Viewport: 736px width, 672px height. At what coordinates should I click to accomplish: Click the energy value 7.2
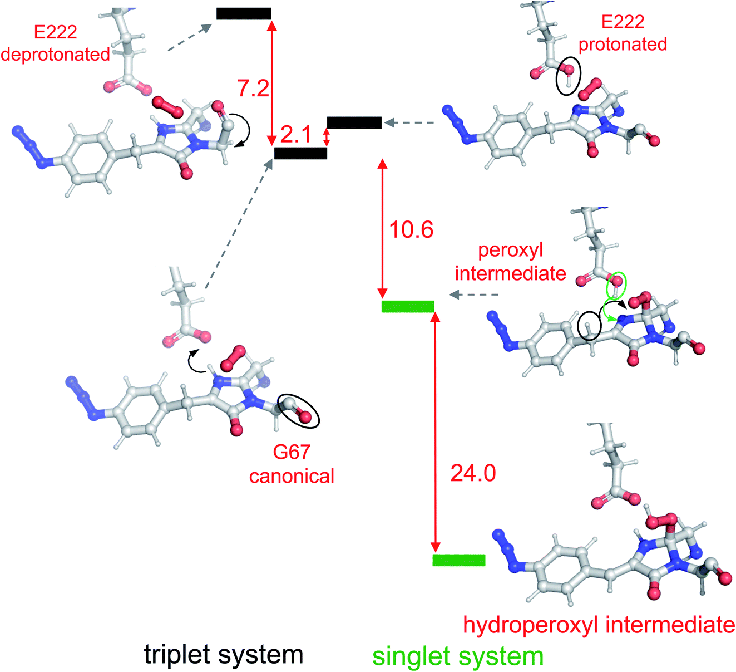click(x=254, y=88)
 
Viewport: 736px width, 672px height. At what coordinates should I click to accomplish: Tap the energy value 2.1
click(x=296, y=134)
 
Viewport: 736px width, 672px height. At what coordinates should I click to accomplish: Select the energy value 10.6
click(x=411, y=229)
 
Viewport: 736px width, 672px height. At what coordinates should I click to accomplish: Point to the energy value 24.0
click(x=473, y=473)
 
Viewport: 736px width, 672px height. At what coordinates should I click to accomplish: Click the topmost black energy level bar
click(x=244, y=14)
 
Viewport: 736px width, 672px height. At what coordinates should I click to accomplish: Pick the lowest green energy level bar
click(x=459, y=560)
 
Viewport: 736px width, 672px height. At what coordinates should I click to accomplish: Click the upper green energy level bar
click(x=408, y=306)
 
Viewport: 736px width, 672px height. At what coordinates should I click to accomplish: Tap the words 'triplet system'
click(x=224, y=654)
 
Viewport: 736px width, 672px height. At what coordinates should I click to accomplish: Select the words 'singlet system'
click(x=458, y=656)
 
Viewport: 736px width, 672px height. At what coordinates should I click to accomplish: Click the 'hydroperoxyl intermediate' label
click(x=599, y=625)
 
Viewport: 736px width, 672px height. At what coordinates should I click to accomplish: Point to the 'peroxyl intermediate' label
click(x=510, y=262)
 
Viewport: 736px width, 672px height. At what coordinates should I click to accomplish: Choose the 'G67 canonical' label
click(x=292, y=464)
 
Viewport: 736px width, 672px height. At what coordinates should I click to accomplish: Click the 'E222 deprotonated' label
click(x=55, y=43)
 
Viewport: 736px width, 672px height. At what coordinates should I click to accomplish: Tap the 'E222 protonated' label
click(x=623, y=33)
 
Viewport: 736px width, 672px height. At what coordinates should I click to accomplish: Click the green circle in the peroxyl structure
click(x=616, y=285)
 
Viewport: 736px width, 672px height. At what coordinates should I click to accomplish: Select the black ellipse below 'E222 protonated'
click(x=568, y=76)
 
